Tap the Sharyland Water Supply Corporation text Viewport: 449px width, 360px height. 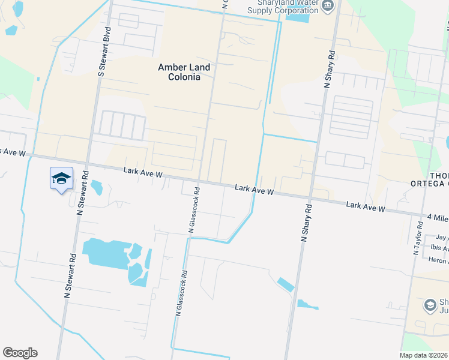point(284,7)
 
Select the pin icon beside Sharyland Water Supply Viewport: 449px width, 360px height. point(327,7)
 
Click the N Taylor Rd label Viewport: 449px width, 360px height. point(417,238)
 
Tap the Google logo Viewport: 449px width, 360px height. point(20,353)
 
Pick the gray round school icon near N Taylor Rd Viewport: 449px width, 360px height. point(430,305)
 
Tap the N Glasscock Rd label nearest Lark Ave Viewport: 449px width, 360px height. point(193,209)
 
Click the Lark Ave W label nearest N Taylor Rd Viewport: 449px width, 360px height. point(366,206)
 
